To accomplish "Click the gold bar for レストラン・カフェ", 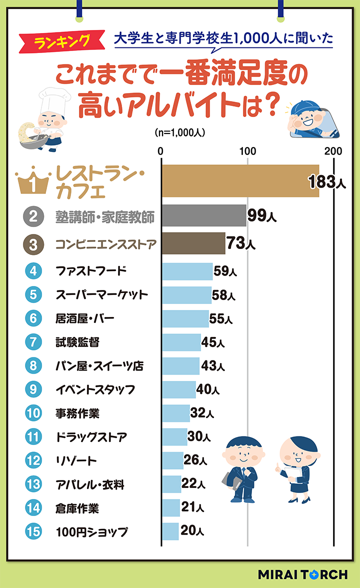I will click(x=240, y=181).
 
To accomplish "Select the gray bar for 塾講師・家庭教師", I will click(x=204, y=216).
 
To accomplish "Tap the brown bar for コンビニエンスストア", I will click(x=193, y=244).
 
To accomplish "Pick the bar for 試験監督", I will click(x=181, y=342).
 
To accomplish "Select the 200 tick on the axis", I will click(x=333, y=150).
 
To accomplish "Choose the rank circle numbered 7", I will click(x=32, y=342).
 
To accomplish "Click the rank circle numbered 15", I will click(x=32, y=531).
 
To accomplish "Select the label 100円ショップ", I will click(x=91, y=531).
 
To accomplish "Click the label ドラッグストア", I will click(x=91, y=437).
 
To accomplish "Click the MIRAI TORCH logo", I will click(x=302, y=574).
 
